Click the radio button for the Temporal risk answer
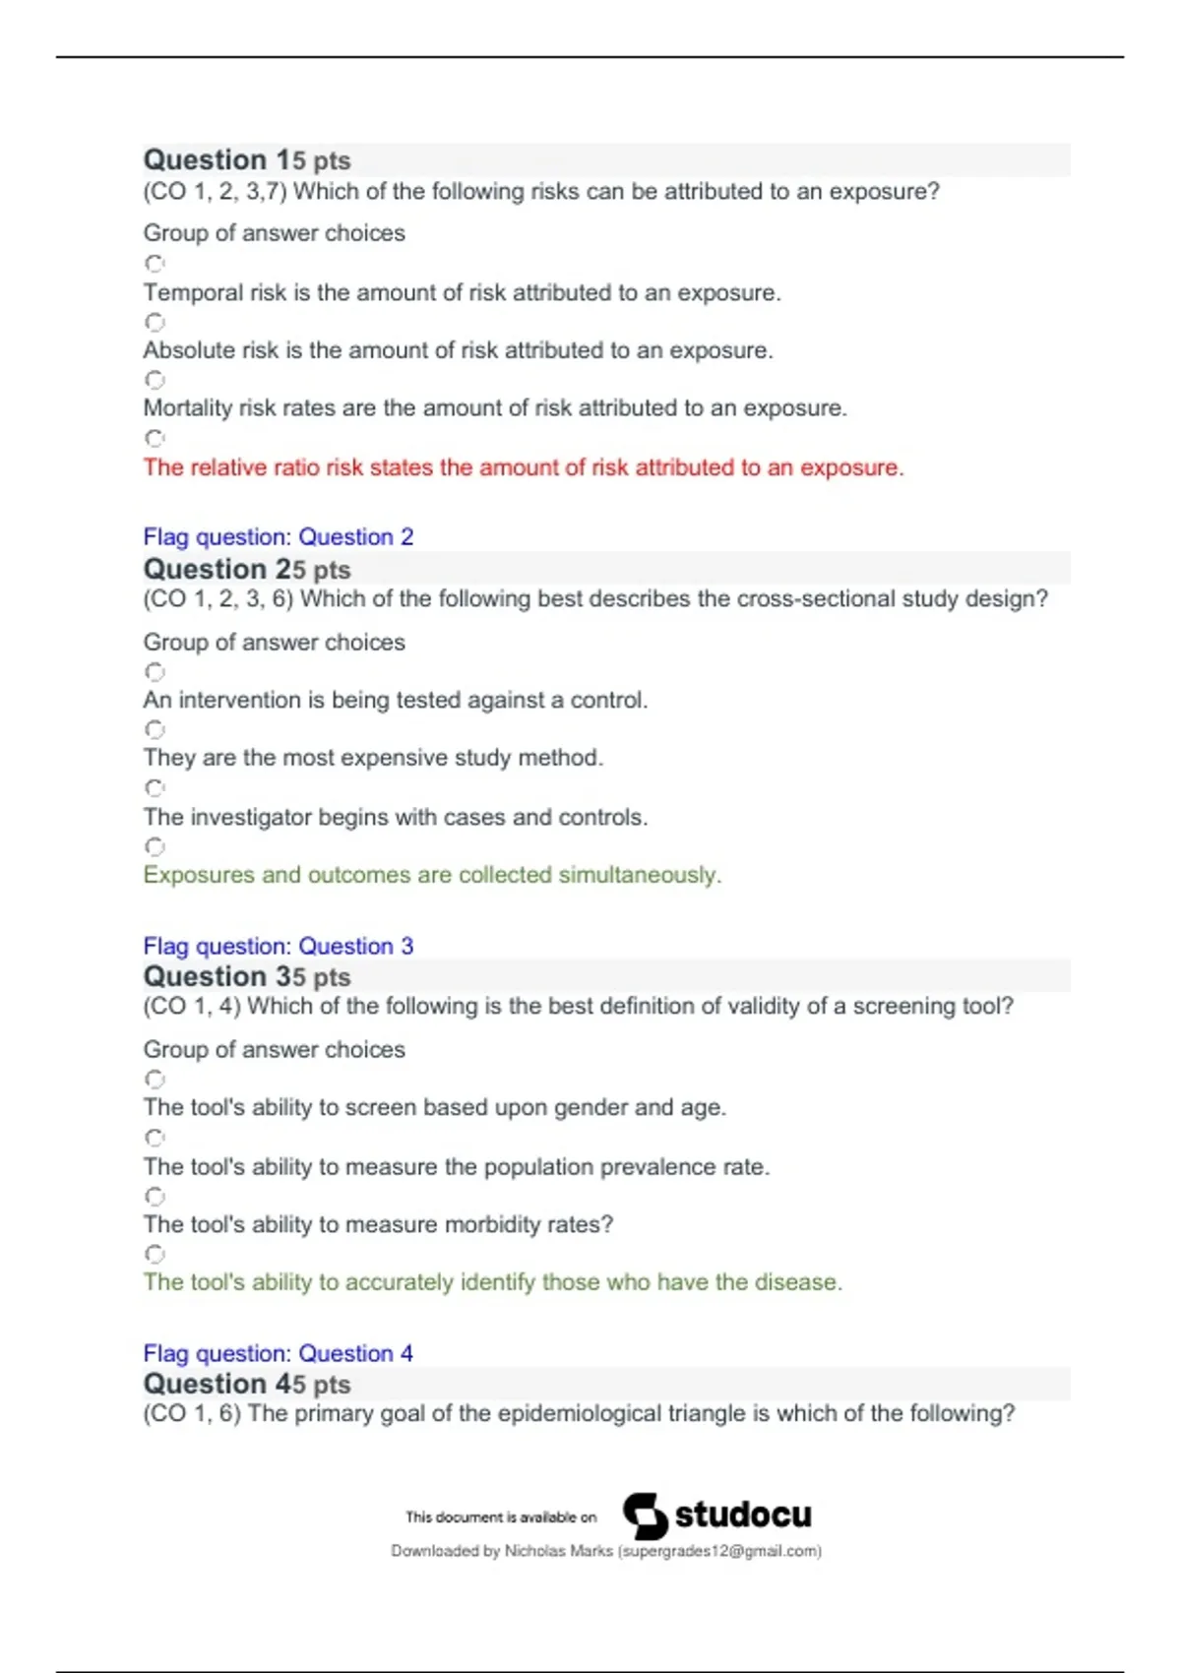tap(155, 264)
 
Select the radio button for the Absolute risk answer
tap(155, 322)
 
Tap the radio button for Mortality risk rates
tap(155, 380)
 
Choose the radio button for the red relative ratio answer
tap(155, 438)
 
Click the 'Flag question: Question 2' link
tap(278, 536)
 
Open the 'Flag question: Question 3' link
tap(278, 946)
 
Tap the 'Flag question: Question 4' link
tap(278, 1353)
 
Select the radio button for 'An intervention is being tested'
tap(155, 672)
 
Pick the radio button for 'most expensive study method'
tap(155, 729)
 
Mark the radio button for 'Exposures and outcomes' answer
tap(155, 846)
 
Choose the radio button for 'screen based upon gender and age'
tap(155, 1080)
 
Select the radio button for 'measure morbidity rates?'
tap(155, 1197)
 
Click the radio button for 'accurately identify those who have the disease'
tap(155, 1254)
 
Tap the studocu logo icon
tap(645, 1516)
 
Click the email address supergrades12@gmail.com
tap(719, 1551)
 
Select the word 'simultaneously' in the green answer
tap(640, 875)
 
